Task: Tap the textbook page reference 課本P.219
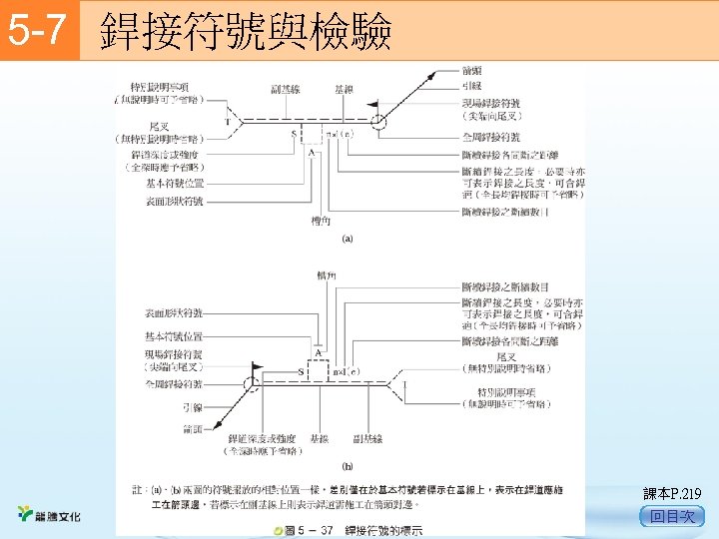[673, 493]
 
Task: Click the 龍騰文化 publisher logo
[50, 515]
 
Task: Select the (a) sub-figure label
[348, 239]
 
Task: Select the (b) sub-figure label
[348, 465]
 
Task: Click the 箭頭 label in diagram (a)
[473, 71]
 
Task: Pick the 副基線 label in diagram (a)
[288, 91]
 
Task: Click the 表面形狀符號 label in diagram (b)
[174, 312]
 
